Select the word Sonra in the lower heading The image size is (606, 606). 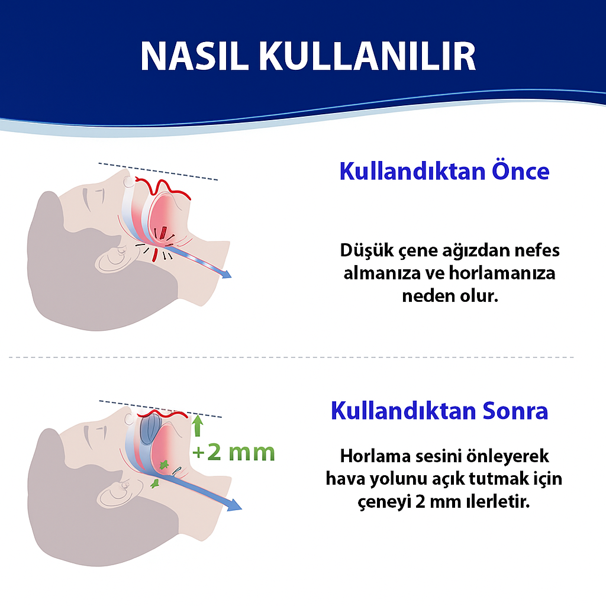pos(515,411)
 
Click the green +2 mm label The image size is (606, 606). pos(234,453)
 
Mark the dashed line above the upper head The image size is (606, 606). pos(158,171)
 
